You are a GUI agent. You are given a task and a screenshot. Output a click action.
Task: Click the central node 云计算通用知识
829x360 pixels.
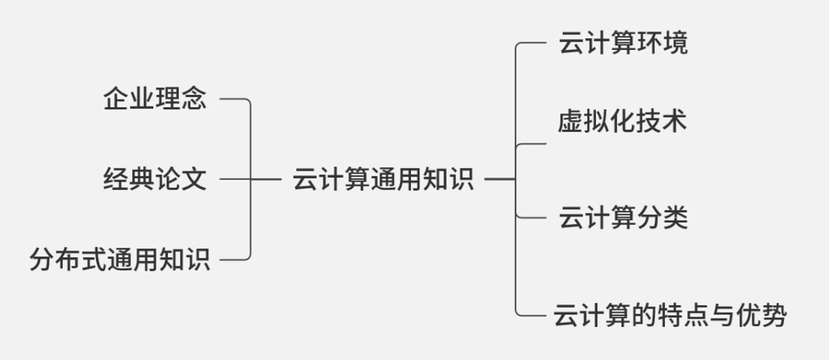(x=382, y=179)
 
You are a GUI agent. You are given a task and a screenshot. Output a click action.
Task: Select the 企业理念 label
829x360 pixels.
(x=155, y=100)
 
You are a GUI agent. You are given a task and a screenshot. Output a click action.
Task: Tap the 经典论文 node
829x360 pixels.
(x=155, y=179)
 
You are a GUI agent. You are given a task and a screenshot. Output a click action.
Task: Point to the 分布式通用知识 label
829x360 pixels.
(x=120, y=260)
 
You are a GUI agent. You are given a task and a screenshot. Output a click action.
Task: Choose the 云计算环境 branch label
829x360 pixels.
(x=623, y=44)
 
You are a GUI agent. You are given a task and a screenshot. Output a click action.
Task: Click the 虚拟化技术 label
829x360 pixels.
(x=621, y=122)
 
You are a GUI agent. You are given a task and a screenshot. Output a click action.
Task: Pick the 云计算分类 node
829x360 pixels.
(x=623, y=217)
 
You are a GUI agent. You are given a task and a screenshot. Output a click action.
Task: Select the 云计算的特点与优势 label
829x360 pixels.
(x=669, y=315)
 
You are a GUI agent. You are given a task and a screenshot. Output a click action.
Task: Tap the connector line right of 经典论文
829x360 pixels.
(x=234, y=179)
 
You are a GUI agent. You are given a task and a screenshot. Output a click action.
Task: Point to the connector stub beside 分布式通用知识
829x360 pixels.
(x=234, y=260)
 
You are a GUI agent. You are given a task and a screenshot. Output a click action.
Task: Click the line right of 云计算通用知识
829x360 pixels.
(x=499, y=179)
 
